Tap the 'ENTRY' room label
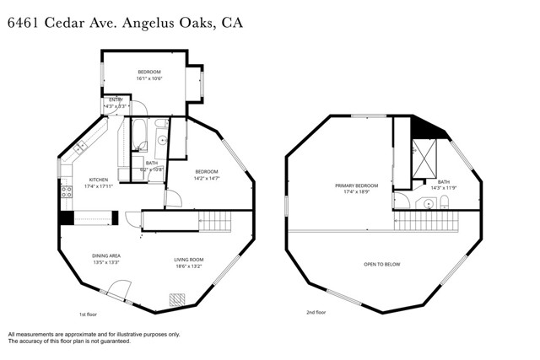pyautogui.click(x=115, y=100)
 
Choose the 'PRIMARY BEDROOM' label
pyautogui.click(x=356, y=185)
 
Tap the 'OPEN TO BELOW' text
pyautogui.click(x=381, y=264)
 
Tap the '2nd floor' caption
pyautogui.click(x=316, y=312)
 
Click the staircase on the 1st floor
pyautogui.click(x=214, y=222)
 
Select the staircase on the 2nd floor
pyautogui.click(x=427, y=222)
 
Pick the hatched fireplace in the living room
pyautogui.click(x=178, y=298)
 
